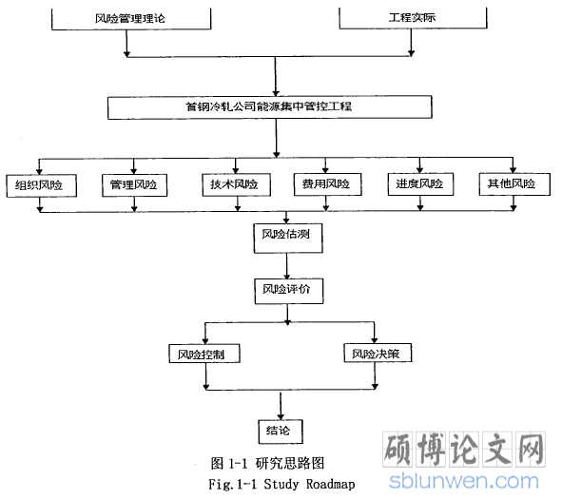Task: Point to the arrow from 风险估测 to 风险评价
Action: tap(287, 266)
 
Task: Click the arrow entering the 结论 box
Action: tap(281, 406)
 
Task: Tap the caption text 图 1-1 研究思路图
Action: tap(267, 463)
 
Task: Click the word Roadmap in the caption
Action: tap(330, 484)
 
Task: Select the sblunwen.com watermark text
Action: tap(464, 481)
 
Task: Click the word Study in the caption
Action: tap(281, 485)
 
